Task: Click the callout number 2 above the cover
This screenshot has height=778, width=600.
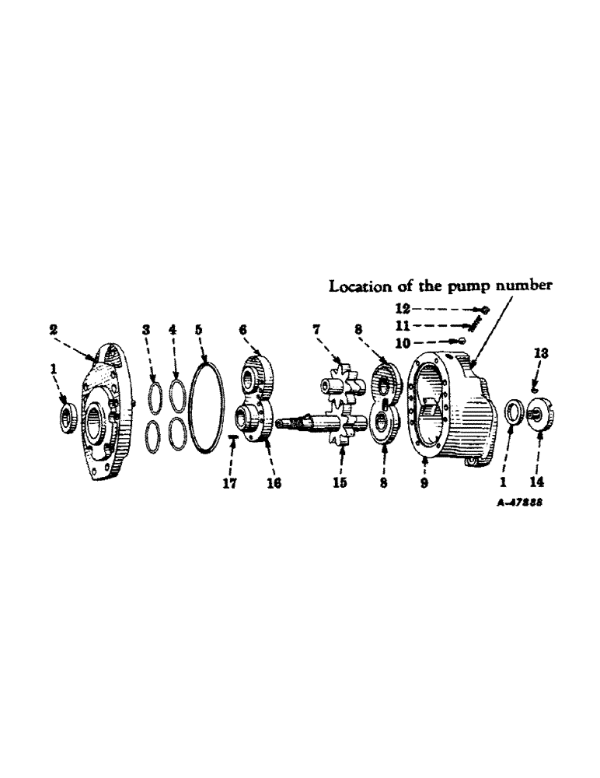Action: [54, 330]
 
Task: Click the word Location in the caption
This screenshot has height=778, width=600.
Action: [358, 286]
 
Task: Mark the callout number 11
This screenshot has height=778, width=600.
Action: [404, 325]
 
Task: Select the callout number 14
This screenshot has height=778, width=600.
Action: [537, 483]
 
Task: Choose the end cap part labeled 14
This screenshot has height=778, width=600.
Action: [538, 413]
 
